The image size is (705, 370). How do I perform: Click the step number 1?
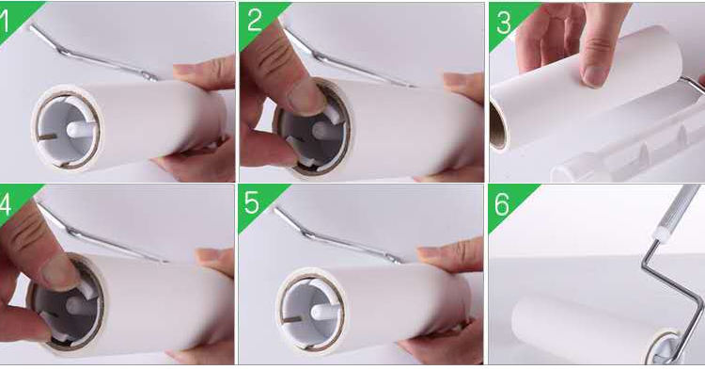coord(4,23)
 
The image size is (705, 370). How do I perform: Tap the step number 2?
coord(255,21)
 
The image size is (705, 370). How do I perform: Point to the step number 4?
coord(5,205)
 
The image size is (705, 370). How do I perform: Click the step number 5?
coord(251,203)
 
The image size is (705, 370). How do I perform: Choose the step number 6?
coord(502,204)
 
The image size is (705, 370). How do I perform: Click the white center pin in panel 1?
coord(79,130)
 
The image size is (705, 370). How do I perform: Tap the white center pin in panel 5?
coord(324,312)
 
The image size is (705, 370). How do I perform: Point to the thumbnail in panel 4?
coord(62,273)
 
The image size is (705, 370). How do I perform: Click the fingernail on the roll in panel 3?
coord(592,76)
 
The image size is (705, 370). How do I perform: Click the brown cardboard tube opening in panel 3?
coord(496,126)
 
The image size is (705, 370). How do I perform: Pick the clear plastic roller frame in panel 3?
coord(630,144)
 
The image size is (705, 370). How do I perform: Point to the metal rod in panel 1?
coord(93,53)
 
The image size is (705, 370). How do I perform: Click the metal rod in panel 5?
coord(338,235)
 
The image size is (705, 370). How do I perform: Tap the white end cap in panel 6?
coord(666,346)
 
